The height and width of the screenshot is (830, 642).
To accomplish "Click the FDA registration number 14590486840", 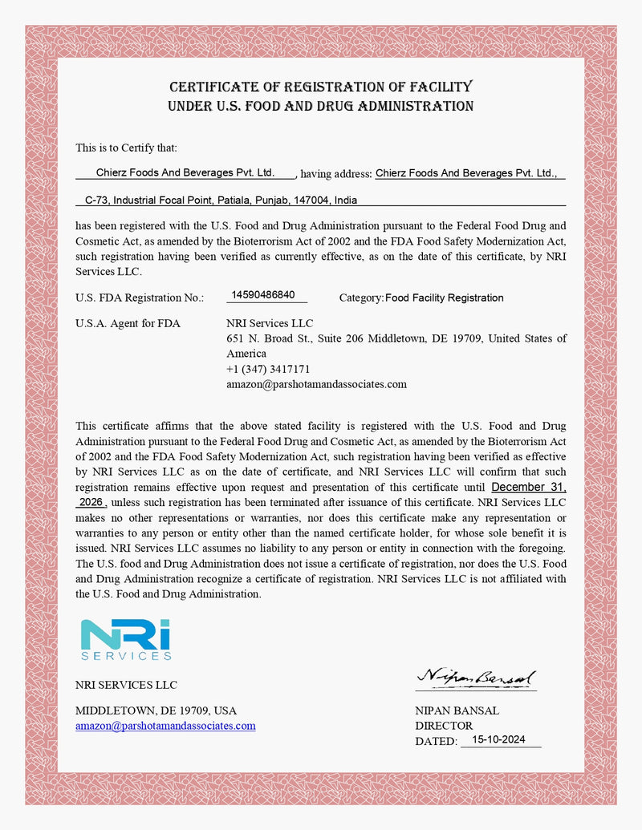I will tap(262, 295).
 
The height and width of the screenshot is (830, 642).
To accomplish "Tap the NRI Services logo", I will tap(126, 639).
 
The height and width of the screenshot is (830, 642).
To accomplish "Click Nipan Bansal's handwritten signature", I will tap(476, 678).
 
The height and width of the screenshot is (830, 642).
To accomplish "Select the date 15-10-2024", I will tap(499, 740).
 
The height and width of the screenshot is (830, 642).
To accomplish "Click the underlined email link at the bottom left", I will tap(165, 726).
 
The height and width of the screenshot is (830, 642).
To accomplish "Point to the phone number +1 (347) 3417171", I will tap(268, 369).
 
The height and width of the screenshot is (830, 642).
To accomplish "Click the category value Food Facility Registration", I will tap(445, 298).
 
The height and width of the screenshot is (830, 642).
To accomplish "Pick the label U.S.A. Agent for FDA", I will tap(128, 324).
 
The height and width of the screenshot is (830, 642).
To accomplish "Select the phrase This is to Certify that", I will tap(126, 148).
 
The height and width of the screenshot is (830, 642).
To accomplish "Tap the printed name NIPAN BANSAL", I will tap(457, 711).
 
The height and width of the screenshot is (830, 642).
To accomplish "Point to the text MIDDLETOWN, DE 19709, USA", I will tap(156, 711).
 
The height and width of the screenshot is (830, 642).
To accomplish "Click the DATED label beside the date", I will tap(436, 742).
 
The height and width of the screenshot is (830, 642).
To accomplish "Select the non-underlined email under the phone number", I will tap(316, 384).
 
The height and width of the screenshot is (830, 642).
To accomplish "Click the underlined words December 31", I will tap(528, 487).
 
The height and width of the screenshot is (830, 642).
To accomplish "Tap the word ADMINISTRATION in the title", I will tap(408, 107).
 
